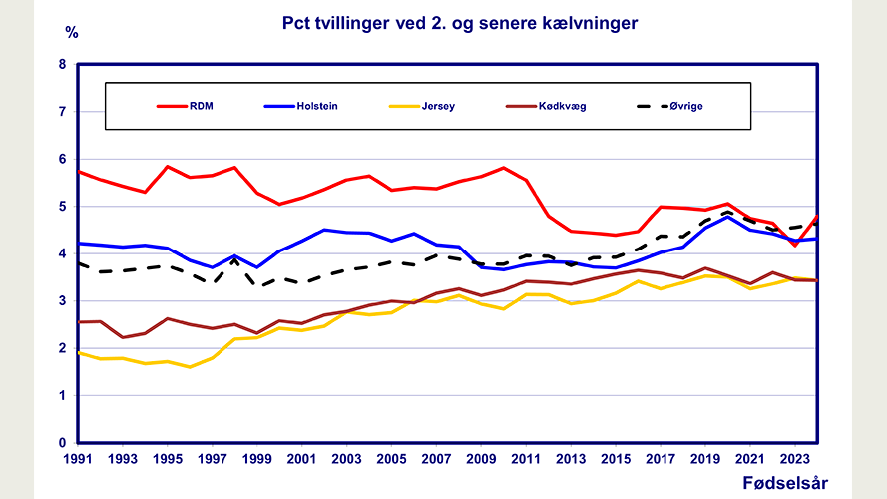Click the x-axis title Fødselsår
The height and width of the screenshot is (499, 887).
point(785,484)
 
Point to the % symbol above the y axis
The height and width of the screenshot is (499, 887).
point(71,31)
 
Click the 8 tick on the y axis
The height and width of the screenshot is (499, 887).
point(62,65)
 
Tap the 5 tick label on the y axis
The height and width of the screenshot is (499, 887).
point(62,207)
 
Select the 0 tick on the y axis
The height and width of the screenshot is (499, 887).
point(62,443)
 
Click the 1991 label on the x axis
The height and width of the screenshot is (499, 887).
point(78,460)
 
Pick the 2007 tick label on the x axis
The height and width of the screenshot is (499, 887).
point(437,460)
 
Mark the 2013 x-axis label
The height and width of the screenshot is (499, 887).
point(572,460)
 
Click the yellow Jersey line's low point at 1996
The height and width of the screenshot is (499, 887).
point(190,367)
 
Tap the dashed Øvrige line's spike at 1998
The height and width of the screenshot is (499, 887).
point(234,260)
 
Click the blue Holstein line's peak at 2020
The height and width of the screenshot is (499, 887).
point(728,217)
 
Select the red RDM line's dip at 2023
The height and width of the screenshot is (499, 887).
point(795,245)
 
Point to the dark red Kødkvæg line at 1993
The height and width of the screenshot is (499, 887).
point(123,337)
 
